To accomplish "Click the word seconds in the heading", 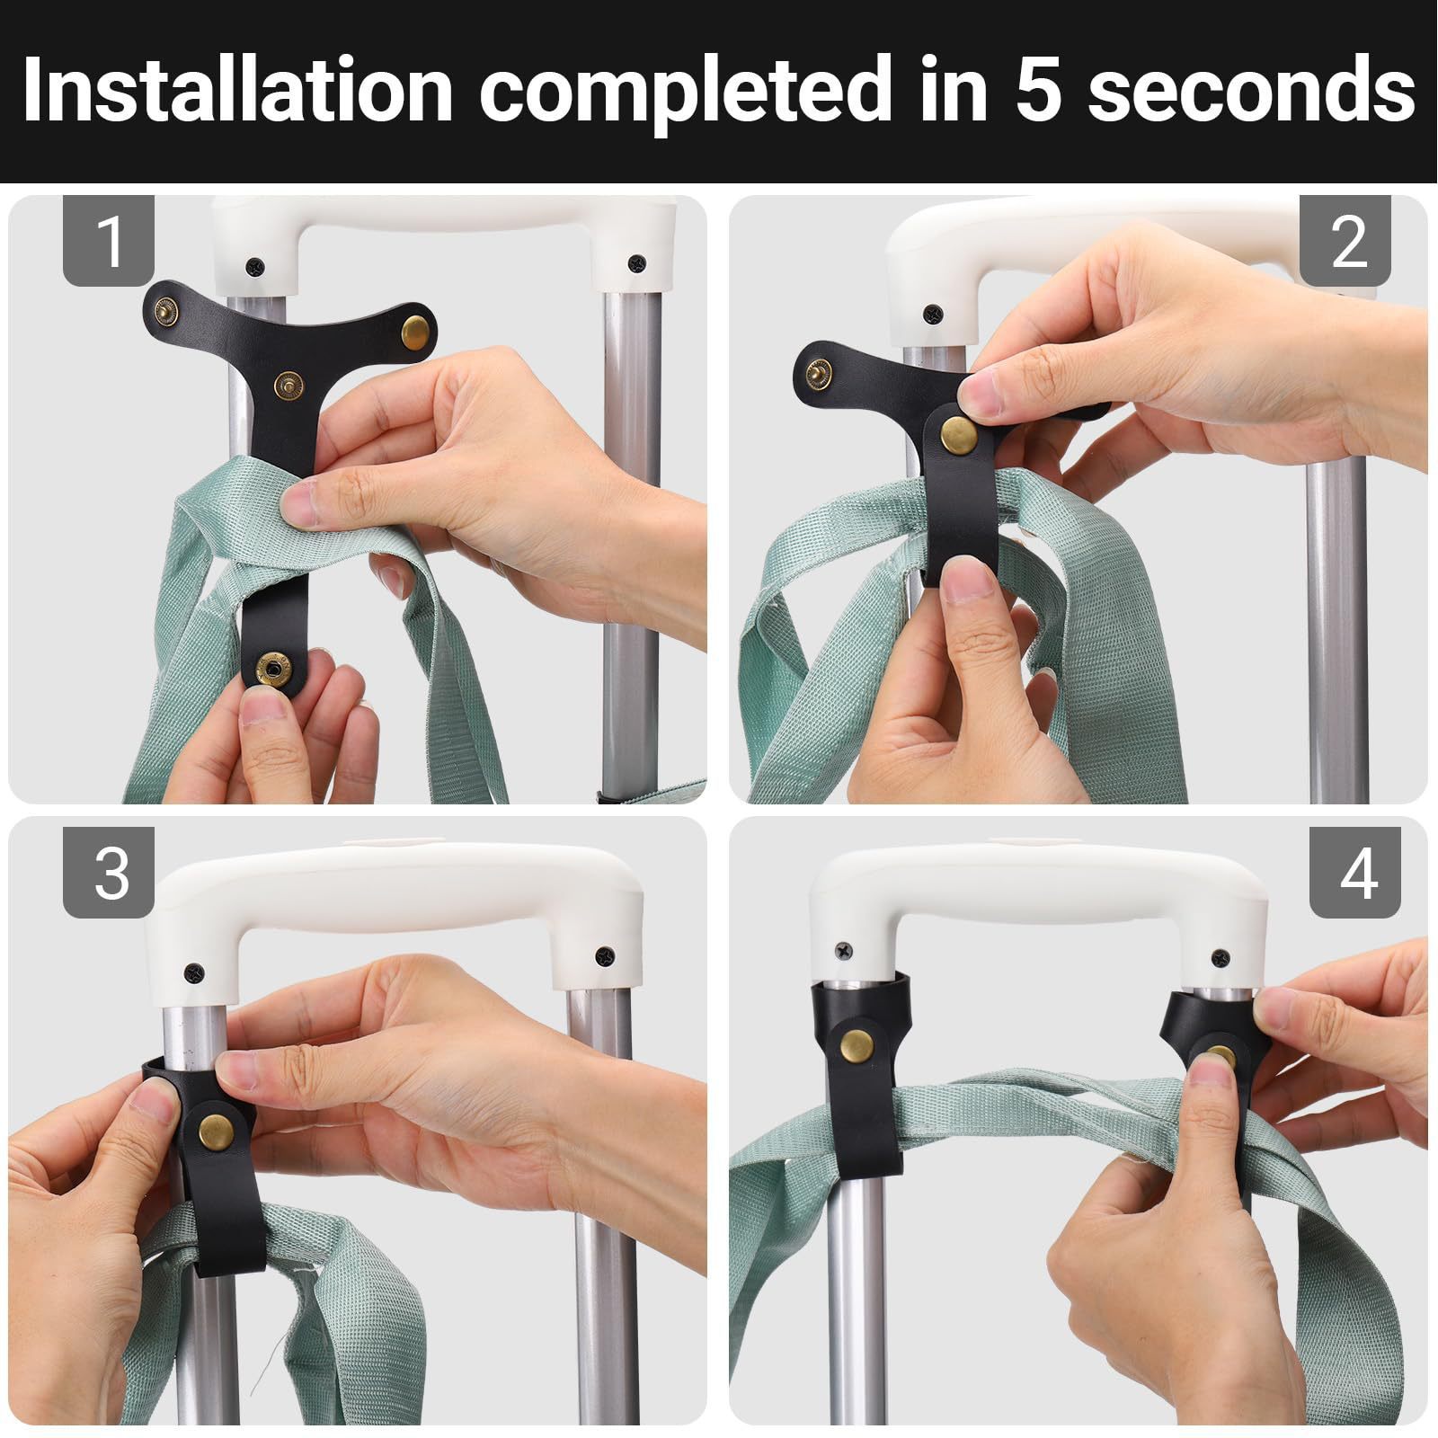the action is [x=1252, y=91].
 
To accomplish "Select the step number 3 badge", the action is [x=109, y=872].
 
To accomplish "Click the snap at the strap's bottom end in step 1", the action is [x=271, y=668].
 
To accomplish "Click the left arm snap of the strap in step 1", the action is [x=167, y=312].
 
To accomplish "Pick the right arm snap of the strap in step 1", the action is [x=416, y=329].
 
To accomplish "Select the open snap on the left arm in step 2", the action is [x=821, y=368].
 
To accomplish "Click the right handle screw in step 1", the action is [x=638, y=263].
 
